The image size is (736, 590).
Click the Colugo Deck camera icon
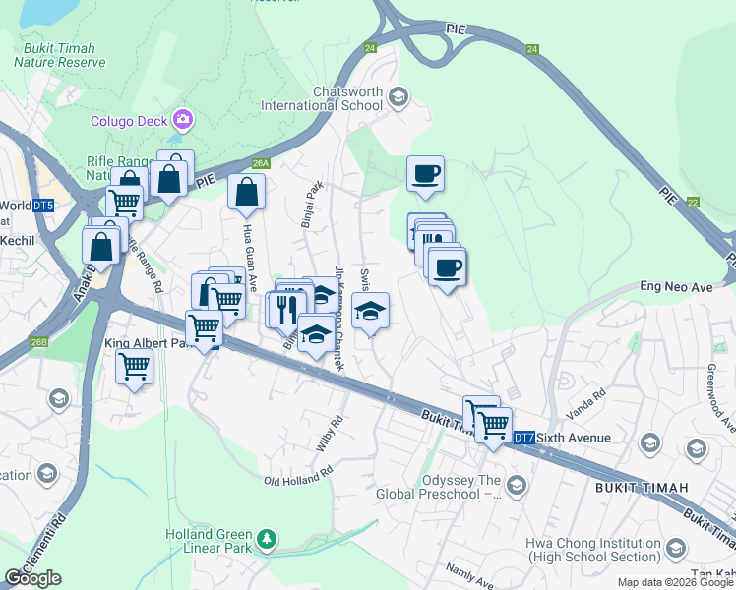(182, 121)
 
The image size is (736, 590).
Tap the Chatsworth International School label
(347, 98)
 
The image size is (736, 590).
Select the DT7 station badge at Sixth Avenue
(524, 438)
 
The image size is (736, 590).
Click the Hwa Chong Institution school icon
(675, 548)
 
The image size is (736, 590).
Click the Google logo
(33, 578)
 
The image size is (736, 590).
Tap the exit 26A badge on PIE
(260, 164)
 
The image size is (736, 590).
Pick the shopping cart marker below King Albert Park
(134, 368)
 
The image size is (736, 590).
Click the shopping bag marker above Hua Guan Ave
(246, 192)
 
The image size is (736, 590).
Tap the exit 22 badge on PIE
(693, 202)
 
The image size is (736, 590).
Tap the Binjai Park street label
(311, 205)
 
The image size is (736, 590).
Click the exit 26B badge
(38, 342)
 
